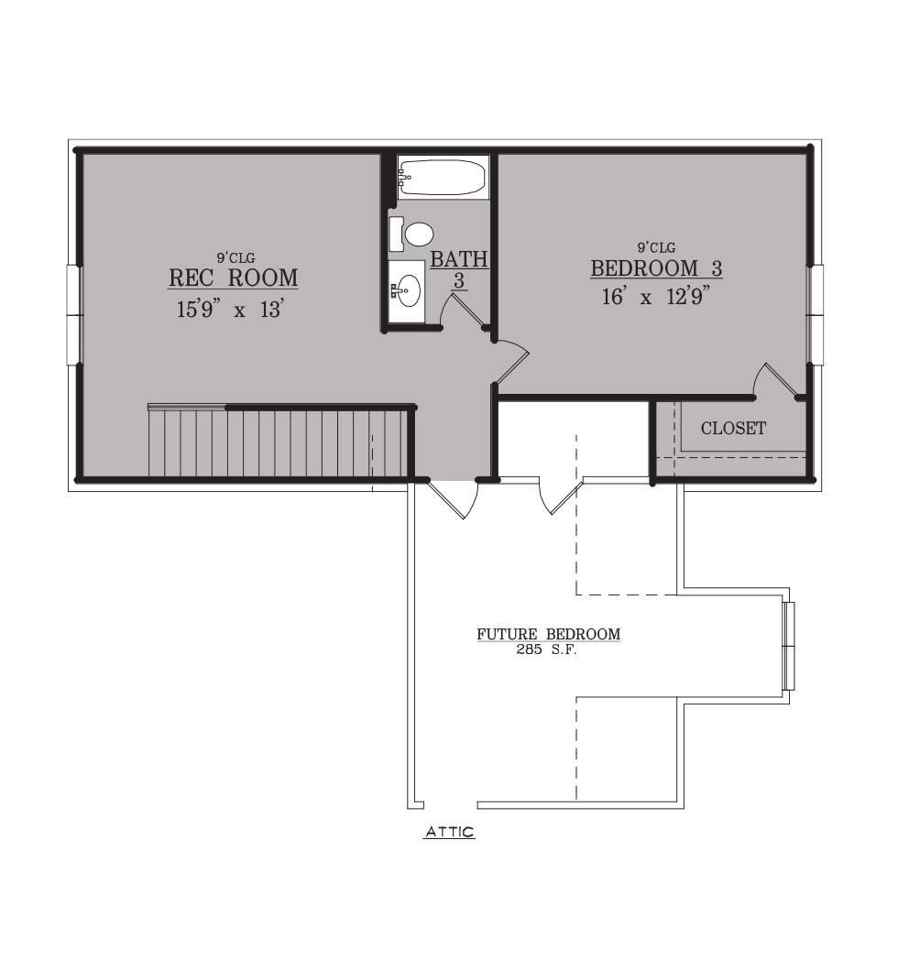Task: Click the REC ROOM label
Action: (234, 278)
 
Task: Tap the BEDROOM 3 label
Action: (656, 268)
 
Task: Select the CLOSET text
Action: (733, 428)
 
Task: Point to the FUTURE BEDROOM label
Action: (549, 634)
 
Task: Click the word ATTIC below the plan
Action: (450, 832)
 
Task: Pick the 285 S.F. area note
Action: (547, 650)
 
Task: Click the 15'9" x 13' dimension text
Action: (230, 309)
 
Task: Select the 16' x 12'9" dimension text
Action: (655, 297)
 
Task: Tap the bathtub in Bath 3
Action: (443, 177)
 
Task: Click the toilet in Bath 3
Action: (411, 235)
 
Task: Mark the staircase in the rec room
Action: (279, 442)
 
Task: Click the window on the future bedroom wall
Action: (788, 645)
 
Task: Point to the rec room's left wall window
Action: (74, 314)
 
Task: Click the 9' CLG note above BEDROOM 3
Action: (656, 247)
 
